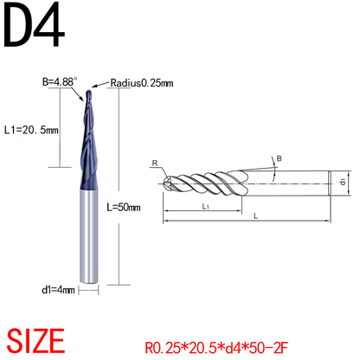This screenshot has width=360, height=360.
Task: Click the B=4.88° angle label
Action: [x=60, y=81]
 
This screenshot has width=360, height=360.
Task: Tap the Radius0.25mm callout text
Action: [x=142, y=83]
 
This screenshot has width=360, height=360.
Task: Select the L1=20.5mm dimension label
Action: [x=31, y=130]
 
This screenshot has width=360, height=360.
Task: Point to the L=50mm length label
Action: [x=124, y=207]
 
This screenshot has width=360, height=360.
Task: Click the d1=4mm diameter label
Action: [x=59, y=290]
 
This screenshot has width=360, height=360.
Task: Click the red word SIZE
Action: [x=35, y=341]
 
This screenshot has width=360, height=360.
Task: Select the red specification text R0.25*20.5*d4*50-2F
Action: [x=216, y=348]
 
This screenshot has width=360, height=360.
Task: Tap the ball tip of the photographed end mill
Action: [x=88, y=93]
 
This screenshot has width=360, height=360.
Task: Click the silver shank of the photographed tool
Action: [x=89, y=235]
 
